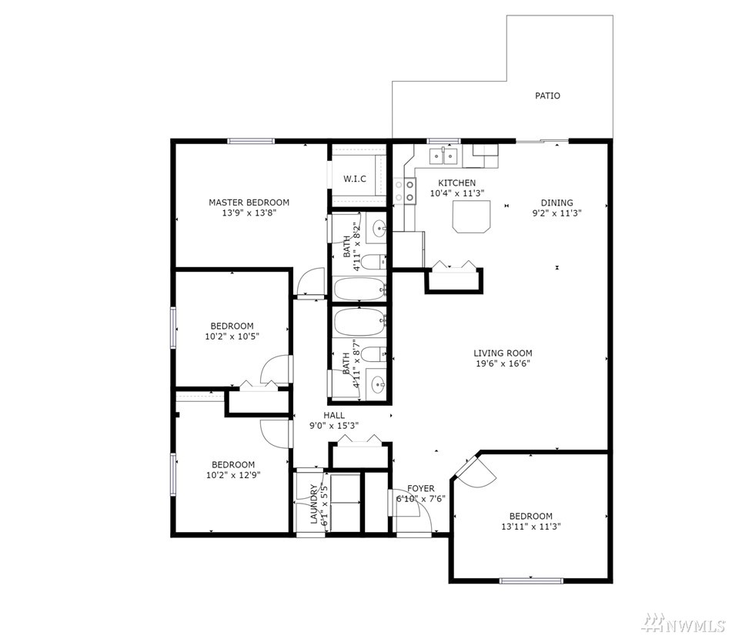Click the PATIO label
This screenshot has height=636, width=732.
547,95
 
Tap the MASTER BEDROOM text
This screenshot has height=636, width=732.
249,203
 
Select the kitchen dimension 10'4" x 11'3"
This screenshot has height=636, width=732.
457,192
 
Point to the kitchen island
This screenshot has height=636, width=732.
472,216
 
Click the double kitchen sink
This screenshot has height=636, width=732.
443,155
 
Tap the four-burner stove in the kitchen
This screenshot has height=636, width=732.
405,191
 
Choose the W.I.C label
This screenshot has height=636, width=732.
355,179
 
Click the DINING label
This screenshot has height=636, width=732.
557,203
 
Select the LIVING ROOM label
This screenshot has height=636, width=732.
503,353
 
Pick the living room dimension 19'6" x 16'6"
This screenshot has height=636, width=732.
503,363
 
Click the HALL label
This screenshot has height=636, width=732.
334,415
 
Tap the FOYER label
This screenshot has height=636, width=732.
420,488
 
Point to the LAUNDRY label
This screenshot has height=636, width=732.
313,504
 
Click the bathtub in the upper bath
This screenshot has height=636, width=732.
360,288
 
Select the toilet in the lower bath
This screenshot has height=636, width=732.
374,354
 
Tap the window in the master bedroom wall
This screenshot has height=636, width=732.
251,141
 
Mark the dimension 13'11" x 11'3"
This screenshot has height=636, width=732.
531,527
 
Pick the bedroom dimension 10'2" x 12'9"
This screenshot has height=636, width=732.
233,475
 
